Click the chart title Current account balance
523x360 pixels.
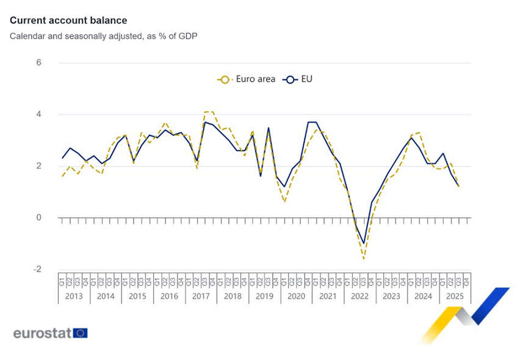(x=68, y=21)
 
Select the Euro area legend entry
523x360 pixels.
(x=247, y=79)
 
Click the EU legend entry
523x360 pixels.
(x=300, y=79)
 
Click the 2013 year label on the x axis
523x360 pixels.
(x=74, y=296)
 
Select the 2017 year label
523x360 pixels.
(x=201, y=296)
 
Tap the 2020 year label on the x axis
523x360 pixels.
(x=296, y=296)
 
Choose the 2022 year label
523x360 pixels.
(x=359, y=296)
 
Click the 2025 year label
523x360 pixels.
(x=455, y=296)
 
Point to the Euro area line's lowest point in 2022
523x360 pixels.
(x=364, y=259)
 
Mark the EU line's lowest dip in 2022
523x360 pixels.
(x=364, y=243)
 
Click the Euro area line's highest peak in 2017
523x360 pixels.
(x=209, y=112)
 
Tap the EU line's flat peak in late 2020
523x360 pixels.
(x=312, y=123)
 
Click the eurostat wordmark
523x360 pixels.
(x=42, y=333)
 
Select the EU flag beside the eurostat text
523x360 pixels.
(x=81, y=333)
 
